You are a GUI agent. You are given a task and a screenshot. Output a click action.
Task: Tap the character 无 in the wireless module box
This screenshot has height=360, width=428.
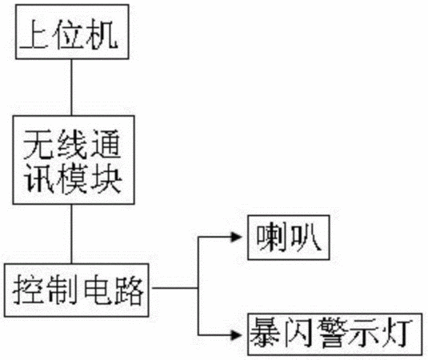pos(38,144)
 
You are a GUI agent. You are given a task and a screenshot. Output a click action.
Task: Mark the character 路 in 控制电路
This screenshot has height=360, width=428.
pos(129,290)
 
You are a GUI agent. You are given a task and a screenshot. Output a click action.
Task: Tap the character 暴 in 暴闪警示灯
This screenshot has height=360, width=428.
pos(265,334)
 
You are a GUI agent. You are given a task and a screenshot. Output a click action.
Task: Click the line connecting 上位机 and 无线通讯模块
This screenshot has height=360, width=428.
pos(71,87)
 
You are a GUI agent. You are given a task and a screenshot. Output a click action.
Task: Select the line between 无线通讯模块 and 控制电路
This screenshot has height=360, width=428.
pos(71,234)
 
